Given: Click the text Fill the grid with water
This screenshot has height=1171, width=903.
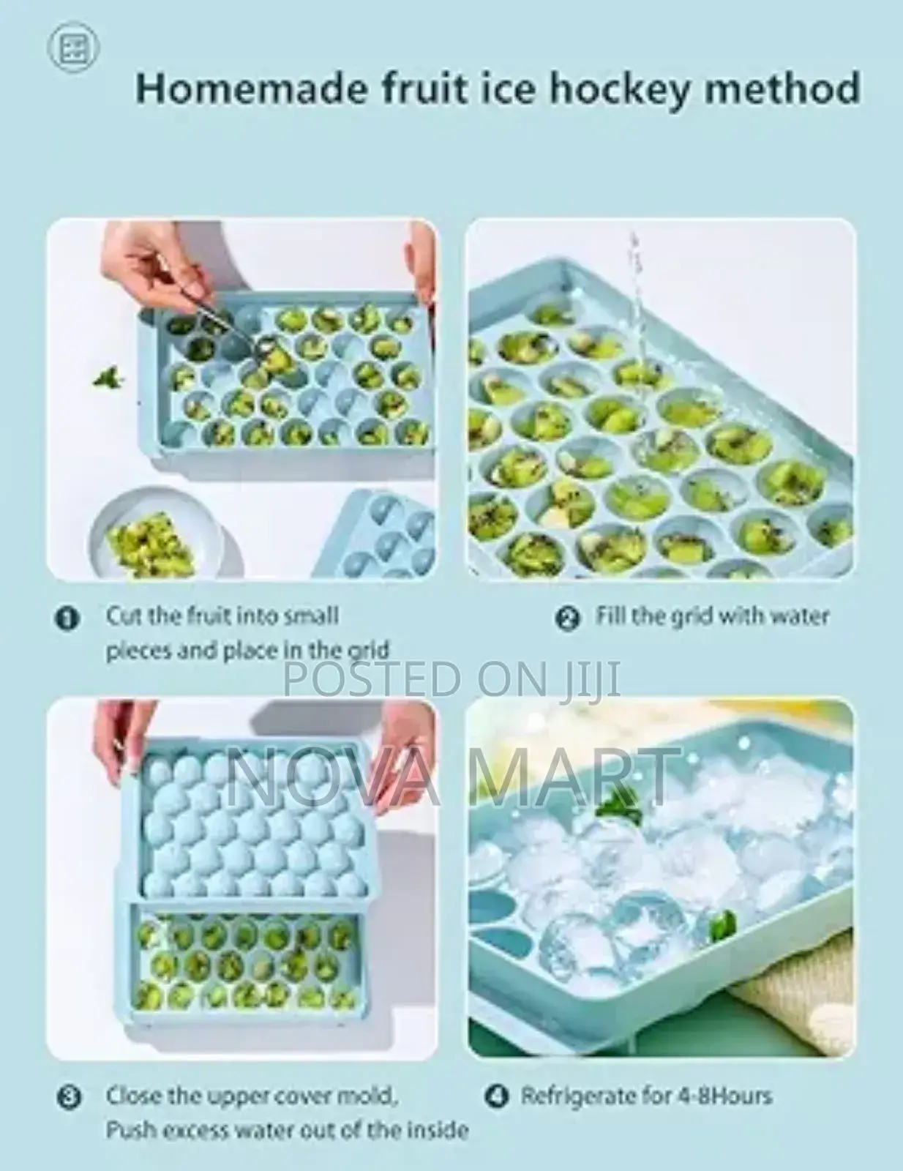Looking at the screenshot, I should tap(711, 616).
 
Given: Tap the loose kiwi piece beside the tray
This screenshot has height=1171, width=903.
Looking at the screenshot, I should tap(107, 378).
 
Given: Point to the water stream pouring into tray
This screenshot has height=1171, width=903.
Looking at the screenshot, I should tap(636, 293).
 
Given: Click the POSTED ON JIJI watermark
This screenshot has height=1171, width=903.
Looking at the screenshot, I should tap(451, 679).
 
